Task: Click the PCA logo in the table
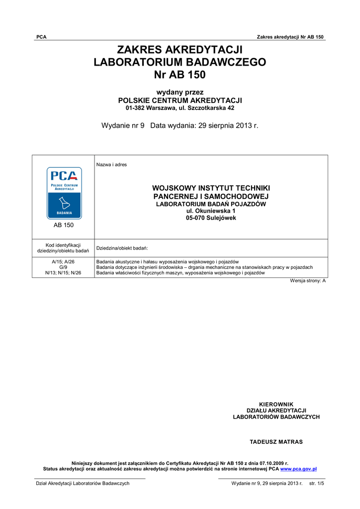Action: coord(64,193)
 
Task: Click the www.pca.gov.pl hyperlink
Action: coord(298,469)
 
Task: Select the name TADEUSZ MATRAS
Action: coord(276,442)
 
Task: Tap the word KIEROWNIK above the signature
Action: coord(276,404)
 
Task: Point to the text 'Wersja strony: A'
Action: coord(308,281)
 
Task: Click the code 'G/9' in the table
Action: coord(63,267)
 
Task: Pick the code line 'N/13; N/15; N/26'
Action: coord(63,273)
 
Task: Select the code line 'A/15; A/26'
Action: coord(63,261)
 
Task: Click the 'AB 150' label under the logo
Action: coord(63,225)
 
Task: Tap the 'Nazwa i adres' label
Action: coord(111,165)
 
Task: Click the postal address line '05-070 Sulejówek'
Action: coord(211,218)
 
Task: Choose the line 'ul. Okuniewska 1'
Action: coord(211,211)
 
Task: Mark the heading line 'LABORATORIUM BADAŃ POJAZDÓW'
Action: coord(211,204)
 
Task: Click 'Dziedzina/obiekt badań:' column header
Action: coord(122,248)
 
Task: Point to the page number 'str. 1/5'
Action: coord(316,483)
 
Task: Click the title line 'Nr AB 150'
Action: coord(180,75)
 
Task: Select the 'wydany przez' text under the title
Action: coord(180,92)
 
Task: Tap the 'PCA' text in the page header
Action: coord(41,37)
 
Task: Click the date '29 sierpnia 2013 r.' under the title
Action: coord(228,126)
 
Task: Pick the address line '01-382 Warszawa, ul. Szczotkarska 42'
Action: coord(180,108)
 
